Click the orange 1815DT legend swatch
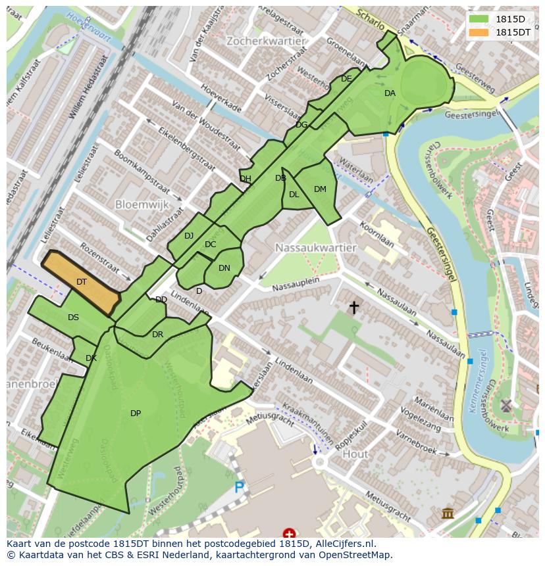tap(479, 32)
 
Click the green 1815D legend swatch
tap(479, 19)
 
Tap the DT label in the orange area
tap(82, 282)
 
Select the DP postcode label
tap(136, 413)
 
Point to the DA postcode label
tap(390, 93)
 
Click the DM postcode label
tap(320, 189)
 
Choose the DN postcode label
tap(224, 268)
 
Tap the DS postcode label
tap(73, 318)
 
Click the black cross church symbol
tap(354, 307)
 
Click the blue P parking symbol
tap(240, 488)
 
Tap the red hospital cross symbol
tap(289, 533)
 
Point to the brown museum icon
tap(448, 513)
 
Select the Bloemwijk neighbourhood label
tap(142, 204)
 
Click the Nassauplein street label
tap(296, 283)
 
